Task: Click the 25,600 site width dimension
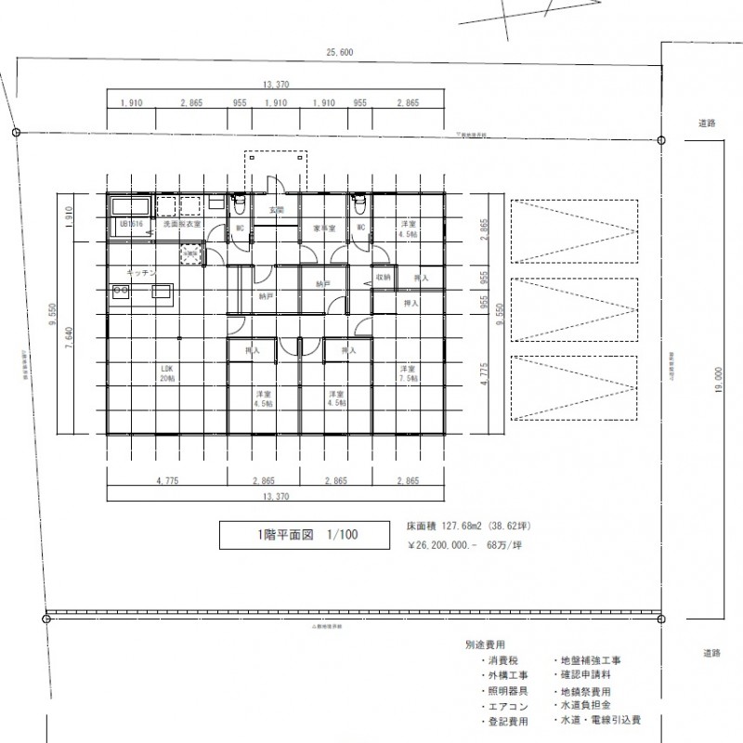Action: click(x=341, y=53)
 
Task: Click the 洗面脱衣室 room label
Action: click(x=182, y=225)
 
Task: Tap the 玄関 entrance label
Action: click(x=276, y=211)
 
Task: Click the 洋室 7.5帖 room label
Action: click(x=408, y=373)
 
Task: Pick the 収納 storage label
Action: click(x=383, y=277)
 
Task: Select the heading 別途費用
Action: click(x=486, y=645)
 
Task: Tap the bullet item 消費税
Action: click(x=502, y=659)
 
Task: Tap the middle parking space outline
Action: click(x=574, y=311)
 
